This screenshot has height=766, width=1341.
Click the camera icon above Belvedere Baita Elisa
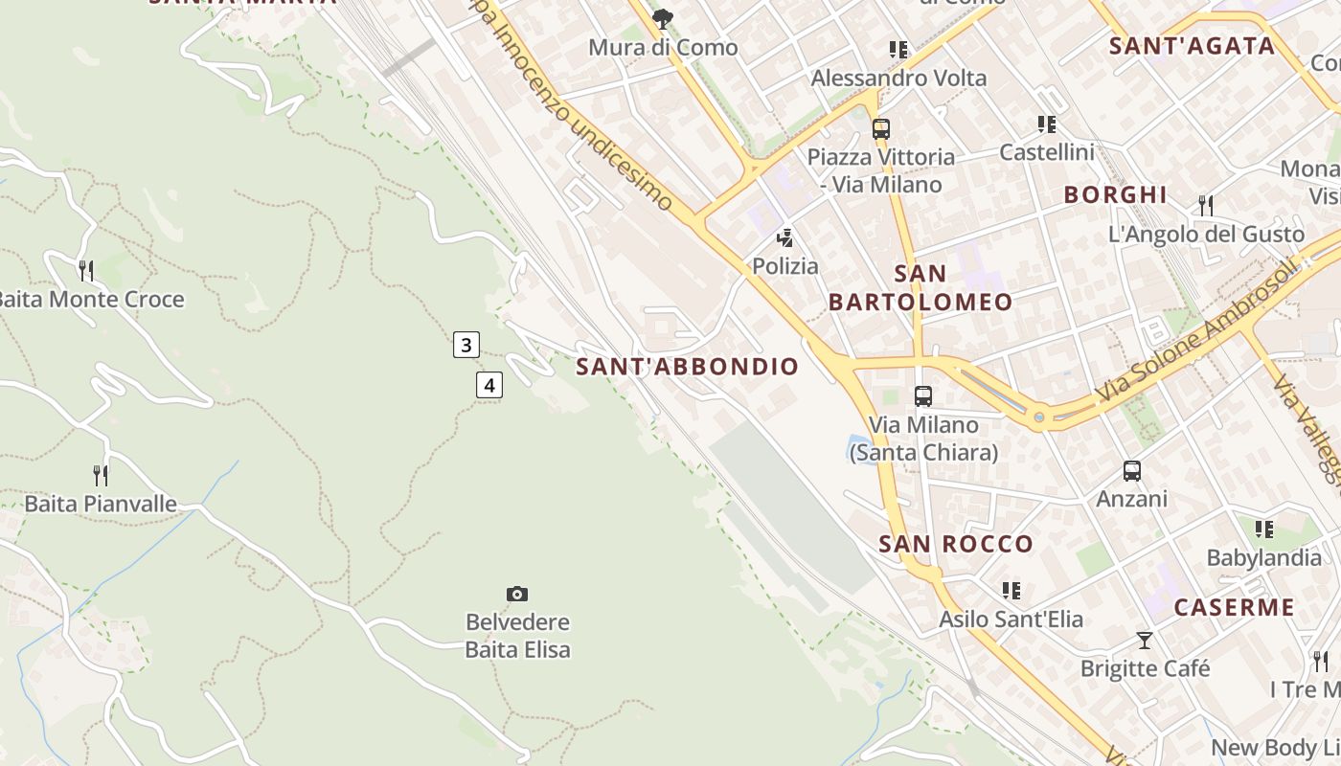(517, 595)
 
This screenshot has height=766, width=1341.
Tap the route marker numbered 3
(466, 345)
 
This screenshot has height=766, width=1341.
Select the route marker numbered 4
(489, 386)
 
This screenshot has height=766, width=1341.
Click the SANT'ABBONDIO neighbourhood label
(687, 367)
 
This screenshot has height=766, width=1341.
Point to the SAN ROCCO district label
(956, 545)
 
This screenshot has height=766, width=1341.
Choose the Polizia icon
(785, 238)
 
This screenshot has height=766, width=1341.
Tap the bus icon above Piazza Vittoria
(881, 128)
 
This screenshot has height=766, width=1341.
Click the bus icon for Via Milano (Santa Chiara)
(923, 395)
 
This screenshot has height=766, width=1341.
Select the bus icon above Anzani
(1132, 471)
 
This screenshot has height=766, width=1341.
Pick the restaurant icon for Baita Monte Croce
(86, 271)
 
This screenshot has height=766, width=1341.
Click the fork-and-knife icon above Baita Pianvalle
(101, 475)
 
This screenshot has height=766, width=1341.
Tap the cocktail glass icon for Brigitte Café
(1145, 641)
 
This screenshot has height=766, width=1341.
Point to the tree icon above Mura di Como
(662, 19)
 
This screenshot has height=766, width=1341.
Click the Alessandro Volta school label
(898, 79)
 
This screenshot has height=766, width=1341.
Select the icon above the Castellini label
(1047, 124)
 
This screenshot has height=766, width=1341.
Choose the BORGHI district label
(1116, 195)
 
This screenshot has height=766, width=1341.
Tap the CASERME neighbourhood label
(1234, 608)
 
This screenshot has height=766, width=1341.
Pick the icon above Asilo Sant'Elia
(1011, 591)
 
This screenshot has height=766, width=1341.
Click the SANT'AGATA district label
(1192, 46)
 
